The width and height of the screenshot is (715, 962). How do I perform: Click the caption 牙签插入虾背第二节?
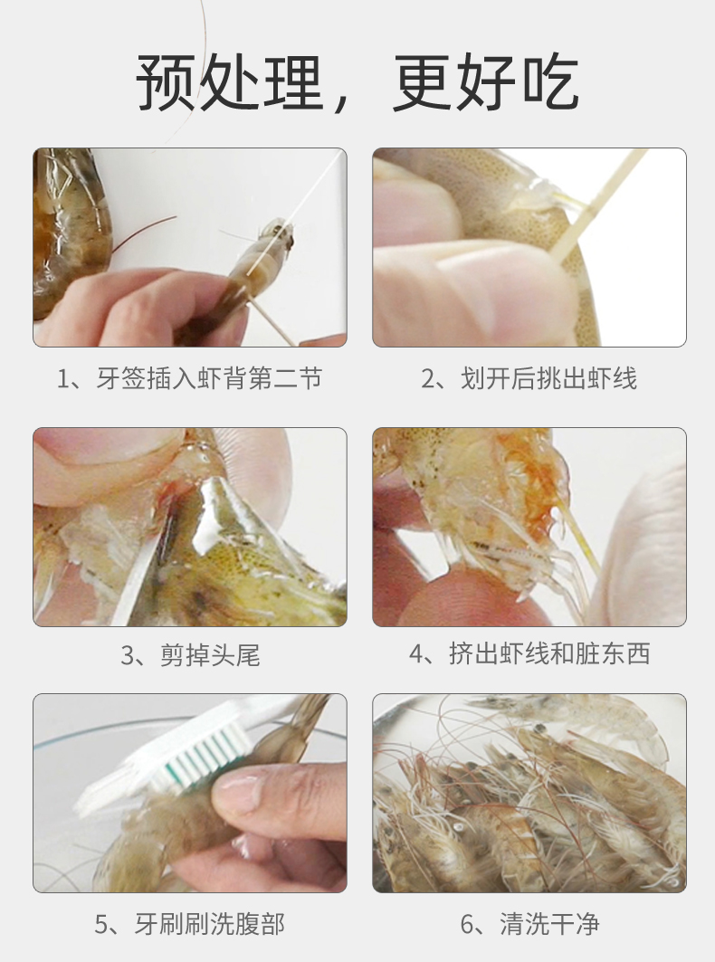click(x=209, y=378)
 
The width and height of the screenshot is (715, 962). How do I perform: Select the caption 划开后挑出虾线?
click(x=548, y=378)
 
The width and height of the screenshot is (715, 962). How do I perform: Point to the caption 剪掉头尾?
click(x=210, y=655)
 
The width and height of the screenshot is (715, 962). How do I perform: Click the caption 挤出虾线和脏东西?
click(x=549, y=654)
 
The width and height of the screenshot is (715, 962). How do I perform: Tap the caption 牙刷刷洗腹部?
click(x=209, y=924)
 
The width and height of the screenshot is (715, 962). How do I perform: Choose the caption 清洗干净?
click(x=549, y=924)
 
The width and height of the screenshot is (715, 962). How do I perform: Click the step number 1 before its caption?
click(x=62, y=379)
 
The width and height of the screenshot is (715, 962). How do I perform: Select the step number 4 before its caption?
click(x=415, y=654)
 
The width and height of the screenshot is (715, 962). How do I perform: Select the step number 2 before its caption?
click(x=427, y=379)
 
